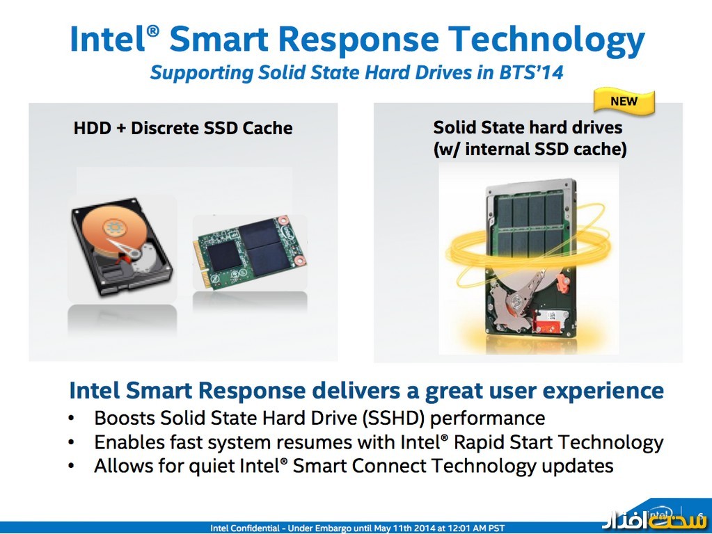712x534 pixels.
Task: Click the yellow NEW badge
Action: coord(624,102)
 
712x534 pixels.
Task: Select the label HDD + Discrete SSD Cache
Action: coord(183,128)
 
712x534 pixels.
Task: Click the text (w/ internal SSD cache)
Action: coord(529,149)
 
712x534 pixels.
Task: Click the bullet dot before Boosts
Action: coord(72,419)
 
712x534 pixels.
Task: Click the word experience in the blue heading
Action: coord(603,390)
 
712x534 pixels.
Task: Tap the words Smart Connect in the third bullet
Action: coord(348,466)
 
